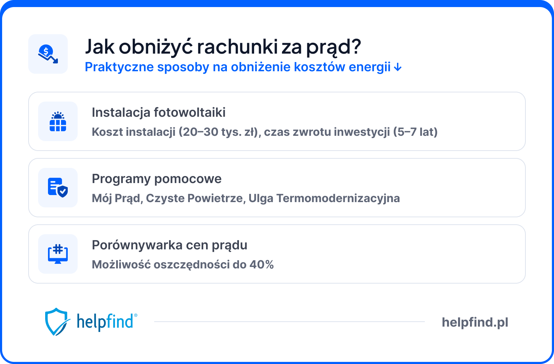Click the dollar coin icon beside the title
(x=48, y=54)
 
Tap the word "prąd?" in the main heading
(x=333, y=47)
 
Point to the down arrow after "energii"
(x=398, y=67)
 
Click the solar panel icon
(x=58, y=121)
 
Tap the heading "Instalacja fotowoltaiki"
(x=158, y=113)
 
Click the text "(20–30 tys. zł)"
(x=219, y=132)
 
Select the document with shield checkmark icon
(x=58, y=188)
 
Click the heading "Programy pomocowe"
(x=157, y=179)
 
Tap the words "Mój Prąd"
(x=117, y=198)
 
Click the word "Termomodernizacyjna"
(x=338, y=198)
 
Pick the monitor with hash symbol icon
(x=58, y=254)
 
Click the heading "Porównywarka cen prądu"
(x=169, y=245)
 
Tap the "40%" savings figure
(x=261, y=265)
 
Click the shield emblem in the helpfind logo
(x=56, y=321)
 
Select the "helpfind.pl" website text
(x=475, y=322)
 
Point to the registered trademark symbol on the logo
(x=136, y=315)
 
